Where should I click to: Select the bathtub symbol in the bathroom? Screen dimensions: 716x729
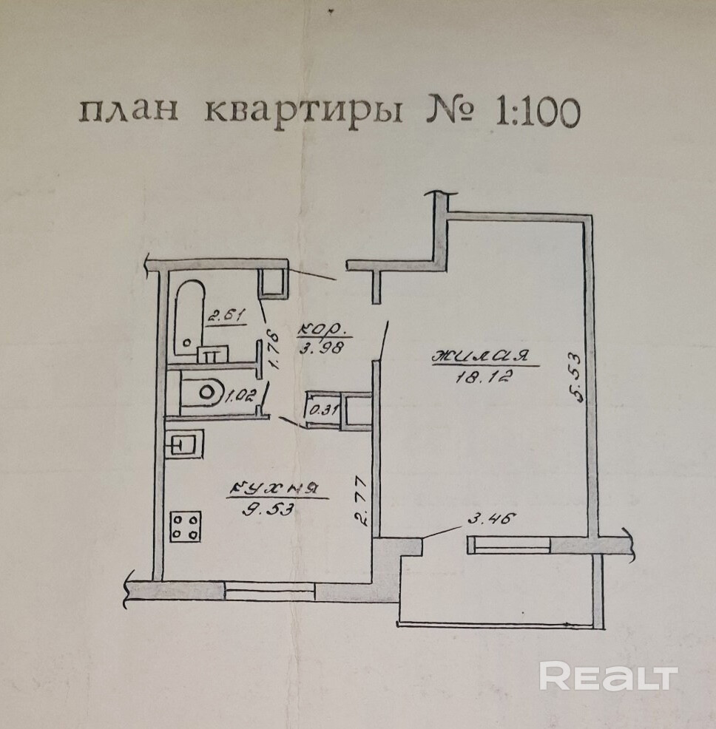point(190,314)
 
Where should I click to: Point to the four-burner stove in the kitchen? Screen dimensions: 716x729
point(186,528)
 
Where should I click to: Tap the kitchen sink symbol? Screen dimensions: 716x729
point(182,445)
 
